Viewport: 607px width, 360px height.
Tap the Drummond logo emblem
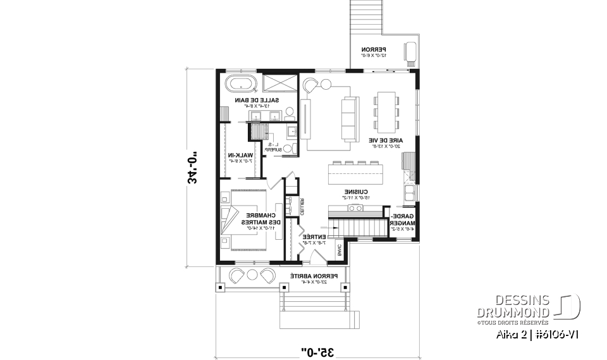click(570, 306)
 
